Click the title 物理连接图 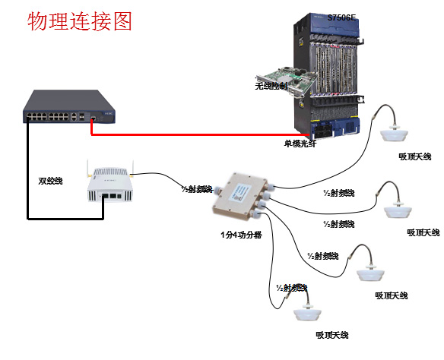click(x=80, y=21)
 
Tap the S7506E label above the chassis click(x=341, y=17)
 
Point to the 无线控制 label click(x=271, y=87)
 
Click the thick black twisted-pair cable click(x=28, y=175)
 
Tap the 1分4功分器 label click(x=236, y=235)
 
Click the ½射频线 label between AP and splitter click(x=195, y=189)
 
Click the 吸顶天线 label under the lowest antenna click(x=333, y=335)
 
